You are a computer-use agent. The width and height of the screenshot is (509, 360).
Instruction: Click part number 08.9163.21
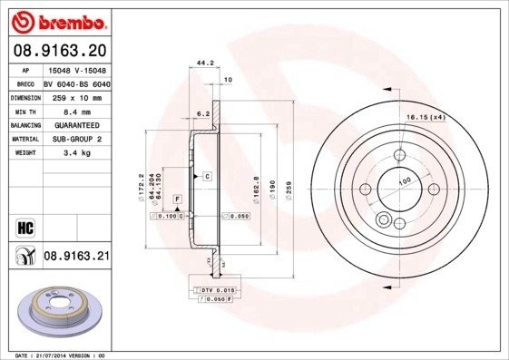coord(76,258)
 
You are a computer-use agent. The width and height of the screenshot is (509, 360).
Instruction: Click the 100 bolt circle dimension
coord(404,180)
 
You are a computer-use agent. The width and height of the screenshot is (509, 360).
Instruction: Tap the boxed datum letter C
coord(207,175)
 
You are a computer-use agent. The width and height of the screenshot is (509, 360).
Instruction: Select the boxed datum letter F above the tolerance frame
coord(177,198)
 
